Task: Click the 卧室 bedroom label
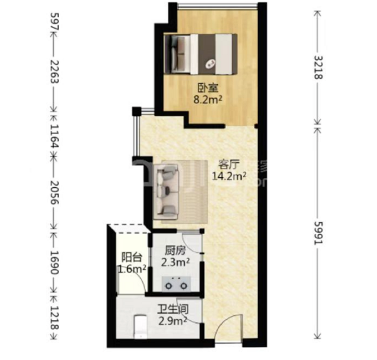point(208,88)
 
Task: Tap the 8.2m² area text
point(208,100)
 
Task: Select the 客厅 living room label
point(229,165)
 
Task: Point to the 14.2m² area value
point(229,176)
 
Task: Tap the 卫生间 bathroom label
point(173,310)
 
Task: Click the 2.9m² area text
point(173,321)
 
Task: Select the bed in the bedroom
point(200,54)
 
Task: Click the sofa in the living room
point(166,192)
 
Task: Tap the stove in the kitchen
point(176,284)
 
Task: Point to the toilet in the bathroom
point(140,326)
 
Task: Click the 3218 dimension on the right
point(319,68)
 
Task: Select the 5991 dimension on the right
point(319,233)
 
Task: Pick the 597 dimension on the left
point(54,21)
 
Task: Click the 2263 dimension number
point(54,71)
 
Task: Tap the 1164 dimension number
point(54,136)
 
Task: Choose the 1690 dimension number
point(54,262)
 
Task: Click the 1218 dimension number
point(54,317)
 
